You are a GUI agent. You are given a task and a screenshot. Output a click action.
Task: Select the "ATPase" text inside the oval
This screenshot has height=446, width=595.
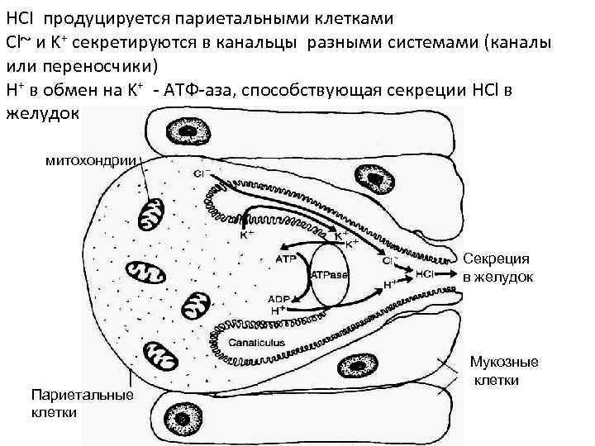329,274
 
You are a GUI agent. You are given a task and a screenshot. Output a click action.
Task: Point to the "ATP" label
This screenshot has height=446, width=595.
283,259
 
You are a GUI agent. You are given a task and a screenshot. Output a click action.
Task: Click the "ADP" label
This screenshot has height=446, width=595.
280,299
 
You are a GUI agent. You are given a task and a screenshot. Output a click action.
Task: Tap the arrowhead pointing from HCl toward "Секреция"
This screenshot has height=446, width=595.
455,273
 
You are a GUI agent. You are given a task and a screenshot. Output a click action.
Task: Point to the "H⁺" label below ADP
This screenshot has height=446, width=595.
278,311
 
